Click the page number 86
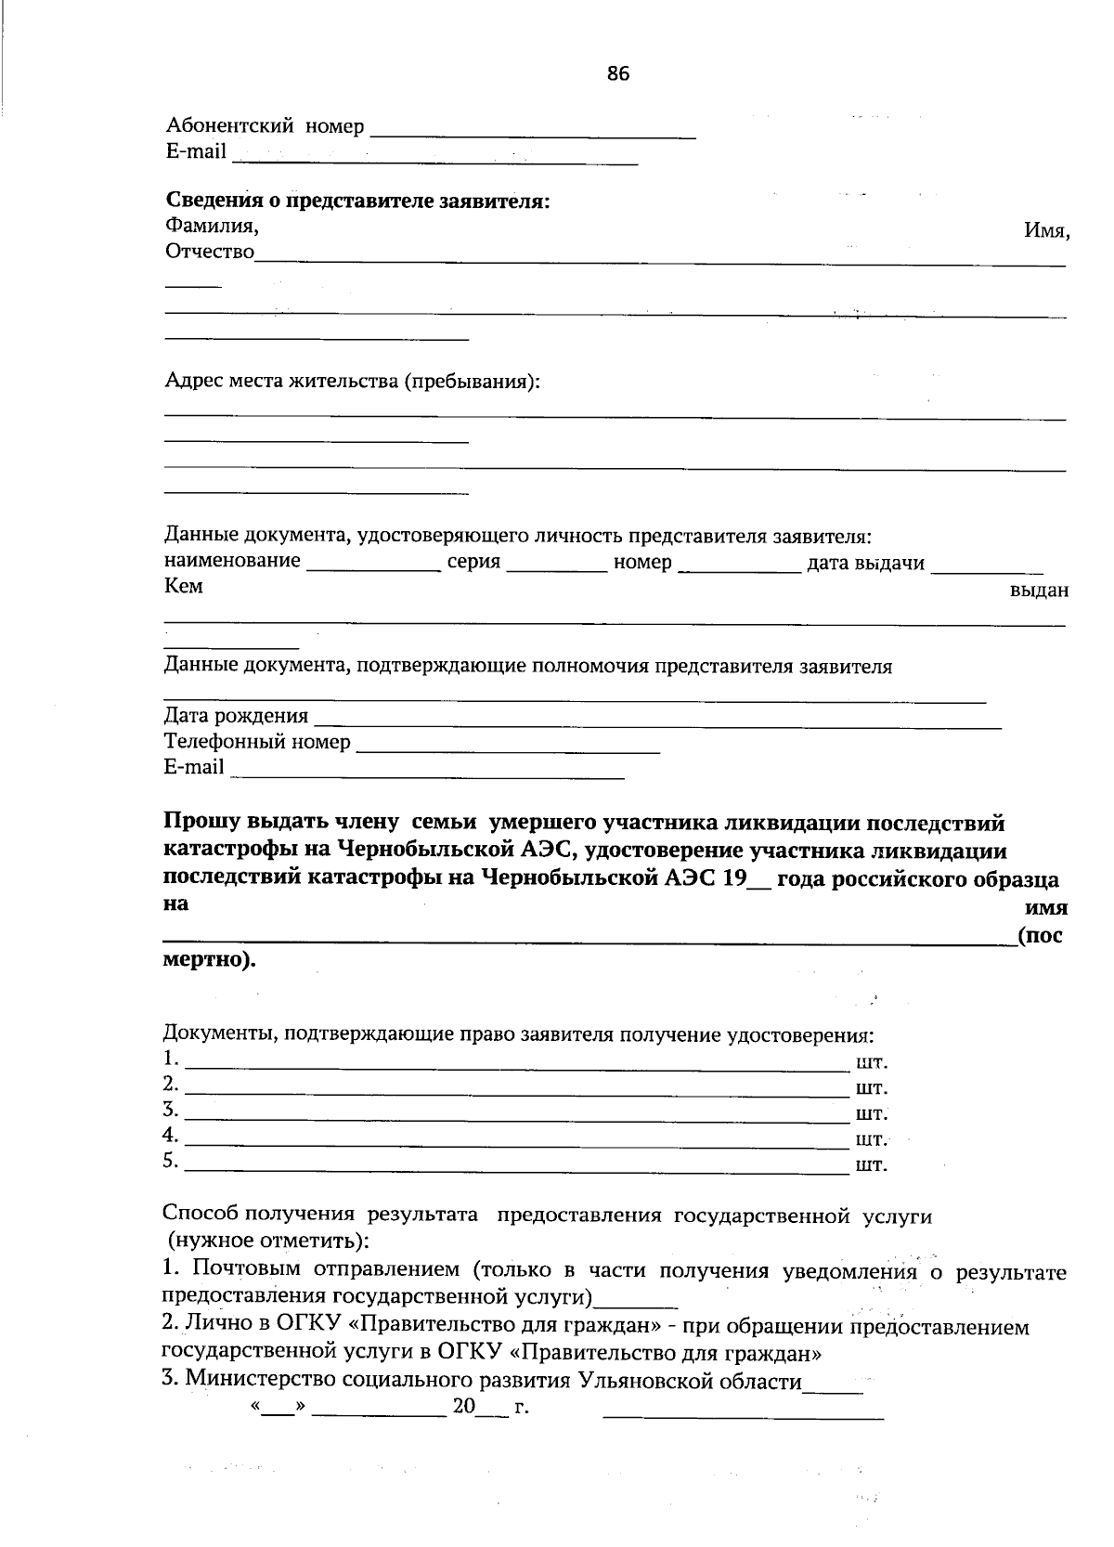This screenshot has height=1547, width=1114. pos(618,74)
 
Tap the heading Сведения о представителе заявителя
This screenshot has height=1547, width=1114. pos(357,201)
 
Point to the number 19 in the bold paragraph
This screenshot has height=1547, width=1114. pos(734,878)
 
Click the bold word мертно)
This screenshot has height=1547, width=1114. pos(209,959)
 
